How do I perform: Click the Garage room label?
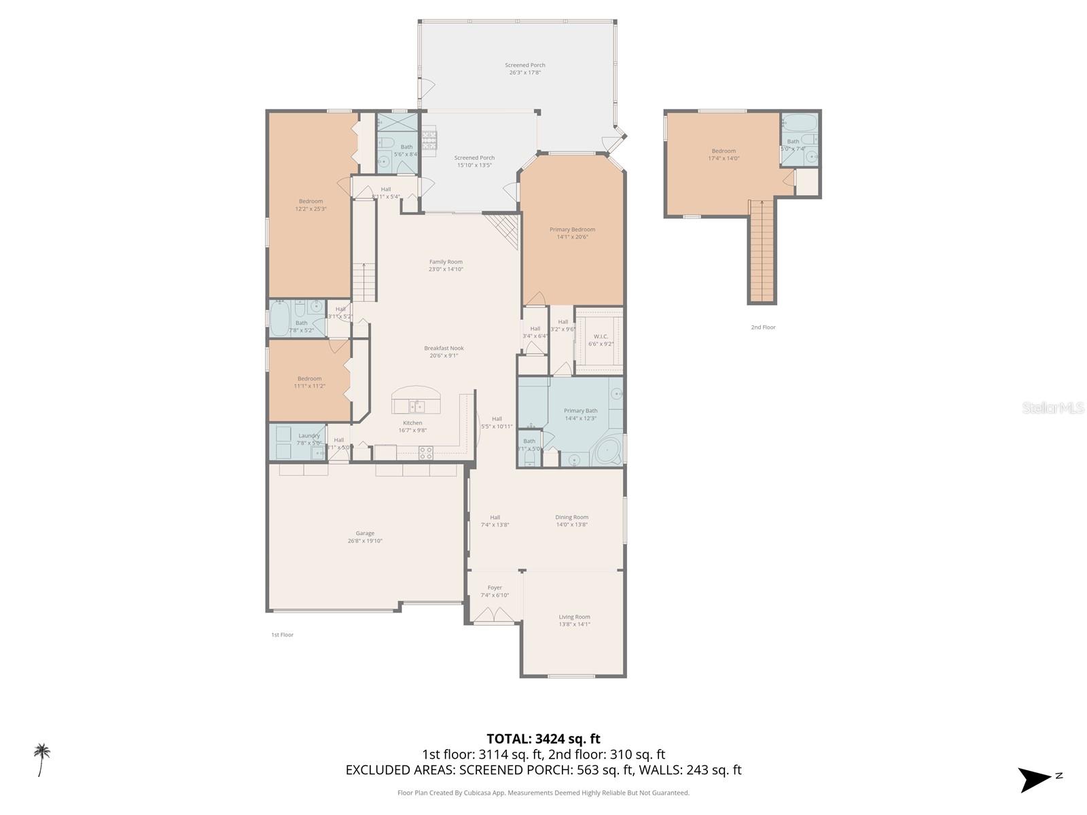click(365, 534)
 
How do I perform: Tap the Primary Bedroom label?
click(572, 230)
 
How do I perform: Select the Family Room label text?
click(446, 261)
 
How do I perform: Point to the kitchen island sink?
click(417, 406)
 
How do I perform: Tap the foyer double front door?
click(495, 615)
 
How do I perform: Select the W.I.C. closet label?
click(601, 336)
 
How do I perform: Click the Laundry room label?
click(308, 436)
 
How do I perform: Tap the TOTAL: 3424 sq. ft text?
click(543, 739)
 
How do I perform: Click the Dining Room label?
click(571, 518)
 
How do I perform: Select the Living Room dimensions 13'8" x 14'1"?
click(574, 624)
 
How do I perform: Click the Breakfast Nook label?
click(444, 348)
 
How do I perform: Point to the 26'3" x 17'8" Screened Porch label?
click(524, 73)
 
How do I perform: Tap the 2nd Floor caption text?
click(763, 327)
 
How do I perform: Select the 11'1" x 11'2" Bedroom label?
click(309, 386)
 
